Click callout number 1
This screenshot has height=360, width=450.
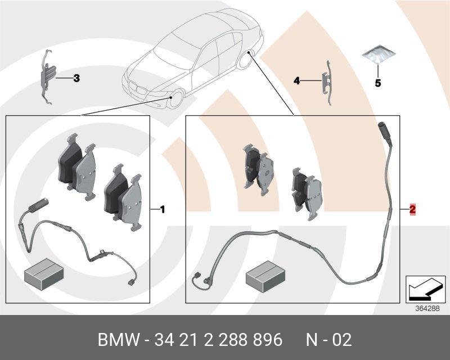coord(162,210)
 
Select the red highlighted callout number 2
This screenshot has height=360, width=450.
coord(412,210)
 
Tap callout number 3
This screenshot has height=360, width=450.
coord(76,78)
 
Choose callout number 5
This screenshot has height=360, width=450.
coord(378,83)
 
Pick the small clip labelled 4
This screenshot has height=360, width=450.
coord(326,80)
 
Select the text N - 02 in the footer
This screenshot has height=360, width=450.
coord(328,340)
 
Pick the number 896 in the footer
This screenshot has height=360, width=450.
coord(266,340)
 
